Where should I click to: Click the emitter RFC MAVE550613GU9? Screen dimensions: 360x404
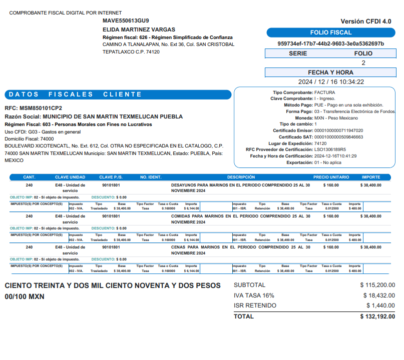pos(126,21)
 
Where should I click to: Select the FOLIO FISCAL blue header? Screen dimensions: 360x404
pos(331,33)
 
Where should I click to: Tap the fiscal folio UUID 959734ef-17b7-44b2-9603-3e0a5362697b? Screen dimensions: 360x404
pos(331,43)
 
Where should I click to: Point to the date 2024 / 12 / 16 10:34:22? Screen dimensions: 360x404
pos(331,82)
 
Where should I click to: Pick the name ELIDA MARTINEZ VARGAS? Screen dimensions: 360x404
pos(139,29)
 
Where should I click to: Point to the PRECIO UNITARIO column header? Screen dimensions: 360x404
pos(331,177)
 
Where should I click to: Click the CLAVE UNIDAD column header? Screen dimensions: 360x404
pos(70,177)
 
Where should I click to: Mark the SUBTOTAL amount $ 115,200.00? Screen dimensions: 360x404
pos(377,285)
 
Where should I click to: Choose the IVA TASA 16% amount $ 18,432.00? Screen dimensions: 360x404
pos(379,295)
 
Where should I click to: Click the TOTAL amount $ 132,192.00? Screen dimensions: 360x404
pos(377,316)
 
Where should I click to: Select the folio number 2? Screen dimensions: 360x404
pos(363,63)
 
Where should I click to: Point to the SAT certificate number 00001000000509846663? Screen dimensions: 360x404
pos(338,136)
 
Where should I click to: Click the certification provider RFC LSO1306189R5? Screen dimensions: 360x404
pos(330,149)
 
